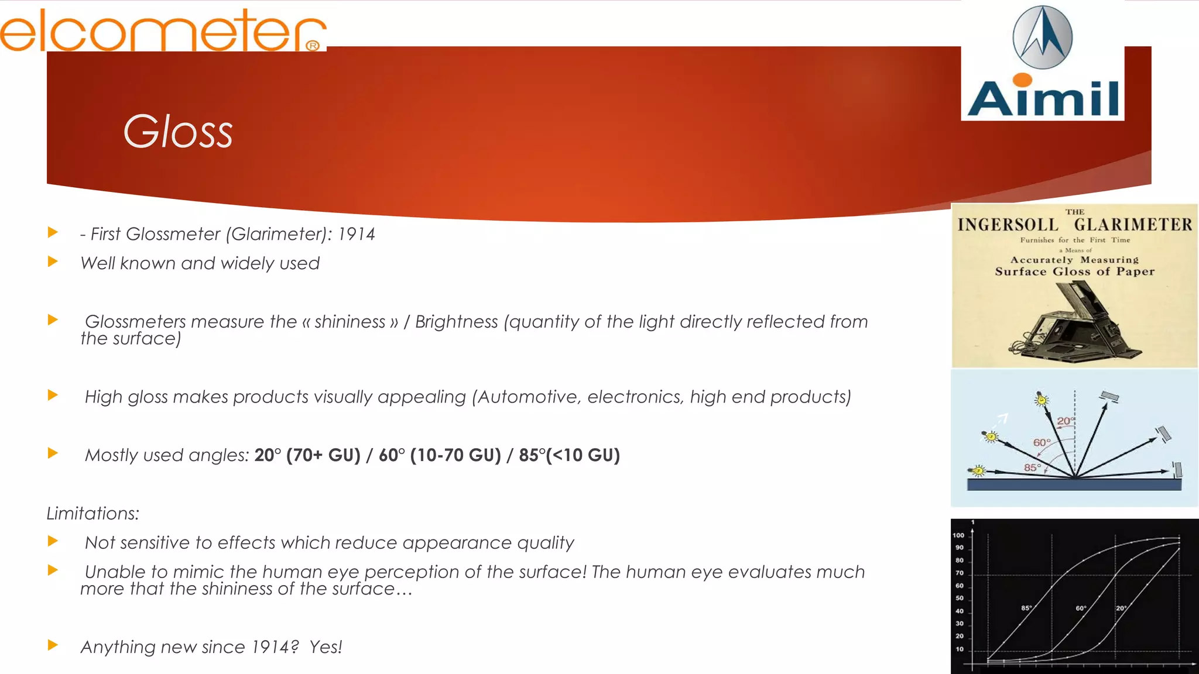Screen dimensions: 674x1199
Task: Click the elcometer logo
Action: (x=163, y=30)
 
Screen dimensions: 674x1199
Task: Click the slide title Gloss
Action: (x=178, y=131)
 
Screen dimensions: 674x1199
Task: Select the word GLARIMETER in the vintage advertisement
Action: (x=1133, y=225)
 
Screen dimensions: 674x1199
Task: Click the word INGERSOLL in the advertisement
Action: (x=1008, y=225)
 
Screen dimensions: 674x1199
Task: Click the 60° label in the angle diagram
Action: (x=1042, y=443)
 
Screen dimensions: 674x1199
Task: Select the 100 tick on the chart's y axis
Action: (x=958, y=535)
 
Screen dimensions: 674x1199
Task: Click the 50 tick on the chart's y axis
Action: (x=960, y=598)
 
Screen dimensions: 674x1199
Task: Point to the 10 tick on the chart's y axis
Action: (x=960, y=649)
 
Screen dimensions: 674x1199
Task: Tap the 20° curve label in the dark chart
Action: (x=1121, y=608)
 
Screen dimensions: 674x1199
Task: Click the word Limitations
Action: (x=93, y=514)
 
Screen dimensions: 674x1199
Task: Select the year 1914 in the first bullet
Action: (x=356, y=234)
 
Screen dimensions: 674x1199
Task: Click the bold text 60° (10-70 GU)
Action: (x=440, y=455)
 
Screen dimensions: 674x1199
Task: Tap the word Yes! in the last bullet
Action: (x=326, y=647)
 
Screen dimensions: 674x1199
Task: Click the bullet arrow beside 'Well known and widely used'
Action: (x=53, y=262)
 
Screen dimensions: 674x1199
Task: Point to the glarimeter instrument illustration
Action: (x=1075, y=320)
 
